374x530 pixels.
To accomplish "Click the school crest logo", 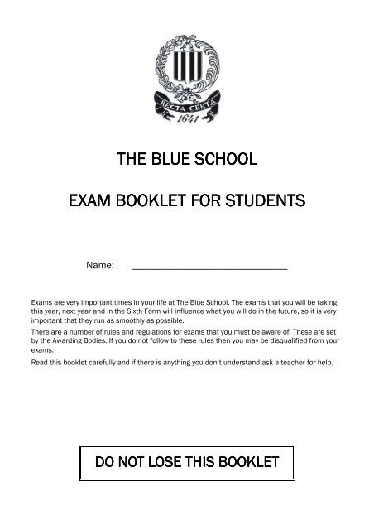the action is pos(186,79).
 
